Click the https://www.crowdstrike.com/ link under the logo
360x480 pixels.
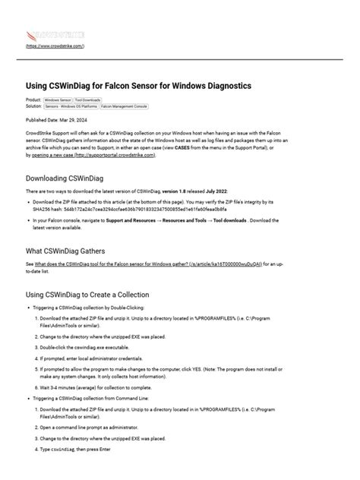tap(55, 46)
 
